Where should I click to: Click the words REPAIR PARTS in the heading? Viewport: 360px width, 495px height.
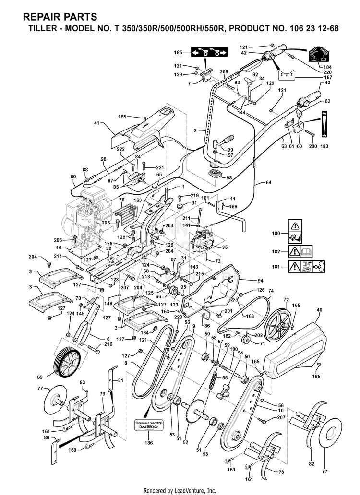pos(60,17)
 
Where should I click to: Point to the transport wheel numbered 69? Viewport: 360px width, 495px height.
pos(65,362)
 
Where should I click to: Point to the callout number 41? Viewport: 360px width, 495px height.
pos(96,123)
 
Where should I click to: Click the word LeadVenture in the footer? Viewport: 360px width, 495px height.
pos(197,490)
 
